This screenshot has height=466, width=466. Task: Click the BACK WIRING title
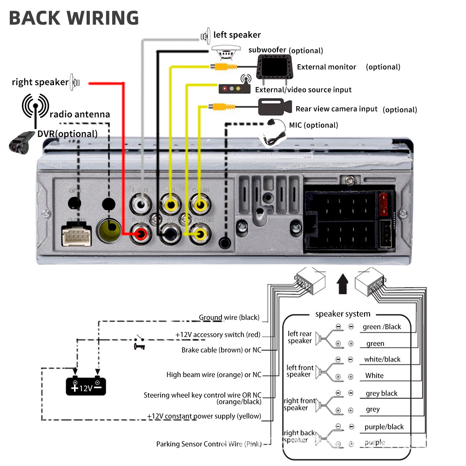click(x=74, y=18)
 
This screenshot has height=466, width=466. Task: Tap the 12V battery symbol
click(x=86, y=386)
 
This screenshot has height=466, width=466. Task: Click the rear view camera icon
click(x=275, y=107)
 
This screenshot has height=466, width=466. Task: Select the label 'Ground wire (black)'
click(x=229, y=317)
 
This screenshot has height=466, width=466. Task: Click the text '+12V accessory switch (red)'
click(x=217, y=335)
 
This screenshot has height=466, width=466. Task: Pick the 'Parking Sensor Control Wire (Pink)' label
click(x=209, y=444)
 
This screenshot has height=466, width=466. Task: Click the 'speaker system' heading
click(x=343, y=314)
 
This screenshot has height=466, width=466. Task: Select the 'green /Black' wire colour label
click(x=382, y=327)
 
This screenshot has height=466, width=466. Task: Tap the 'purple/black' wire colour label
click(x=384, y=427)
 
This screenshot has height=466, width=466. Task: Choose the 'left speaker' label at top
click(x=237, y=35)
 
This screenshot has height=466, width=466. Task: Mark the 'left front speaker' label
click(x=299, y=371)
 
